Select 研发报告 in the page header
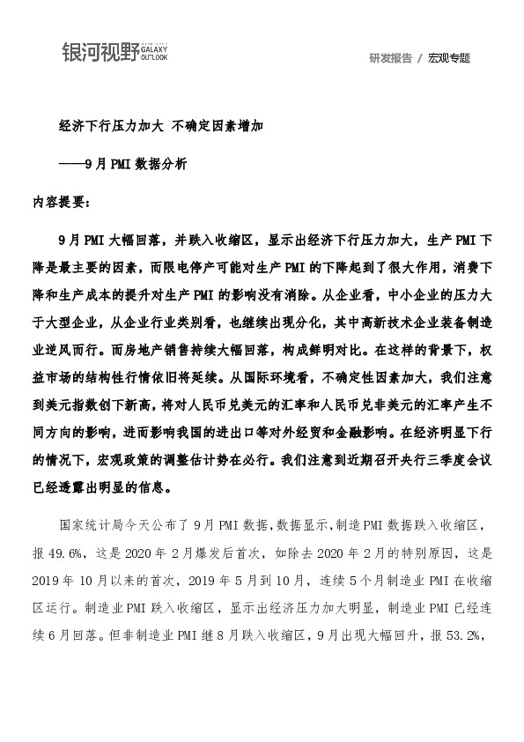390,58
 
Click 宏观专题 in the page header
449,58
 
